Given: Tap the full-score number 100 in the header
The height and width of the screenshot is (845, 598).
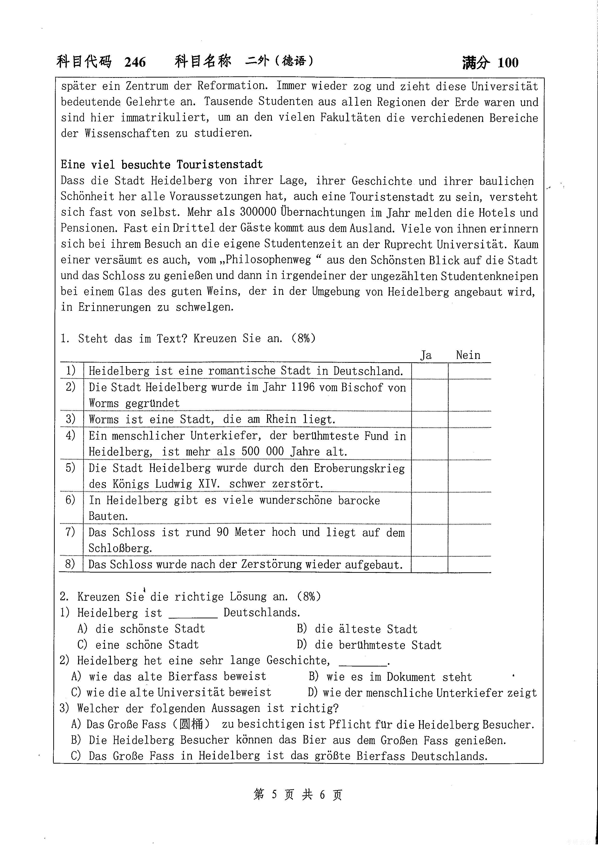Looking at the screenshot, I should point(508,63).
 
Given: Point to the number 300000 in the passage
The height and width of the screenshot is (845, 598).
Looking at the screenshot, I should point(258,212).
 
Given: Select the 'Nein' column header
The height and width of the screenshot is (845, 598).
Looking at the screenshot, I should point(468,355).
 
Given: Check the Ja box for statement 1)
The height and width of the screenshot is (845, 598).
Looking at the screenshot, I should point(430,371).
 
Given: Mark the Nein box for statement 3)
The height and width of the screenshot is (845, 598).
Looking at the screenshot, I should point(470,419).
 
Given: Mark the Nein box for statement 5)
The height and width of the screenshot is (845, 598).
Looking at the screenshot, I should point(470,476).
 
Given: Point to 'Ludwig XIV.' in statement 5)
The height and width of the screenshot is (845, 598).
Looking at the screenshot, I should point(188,484).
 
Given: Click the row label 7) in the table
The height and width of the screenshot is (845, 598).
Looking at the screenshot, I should point(70,532).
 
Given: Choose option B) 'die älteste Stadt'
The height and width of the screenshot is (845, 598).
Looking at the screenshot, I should point(357,629).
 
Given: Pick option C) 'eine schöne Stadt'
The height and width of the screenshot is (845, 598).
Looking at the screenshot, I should point(138,645).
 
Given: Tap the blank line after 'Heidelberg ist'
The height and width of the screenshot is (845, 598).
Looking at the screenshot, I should point(193,614).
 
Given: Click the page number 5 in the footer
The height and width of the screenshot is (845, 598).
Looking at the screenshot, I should point(274,795).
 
